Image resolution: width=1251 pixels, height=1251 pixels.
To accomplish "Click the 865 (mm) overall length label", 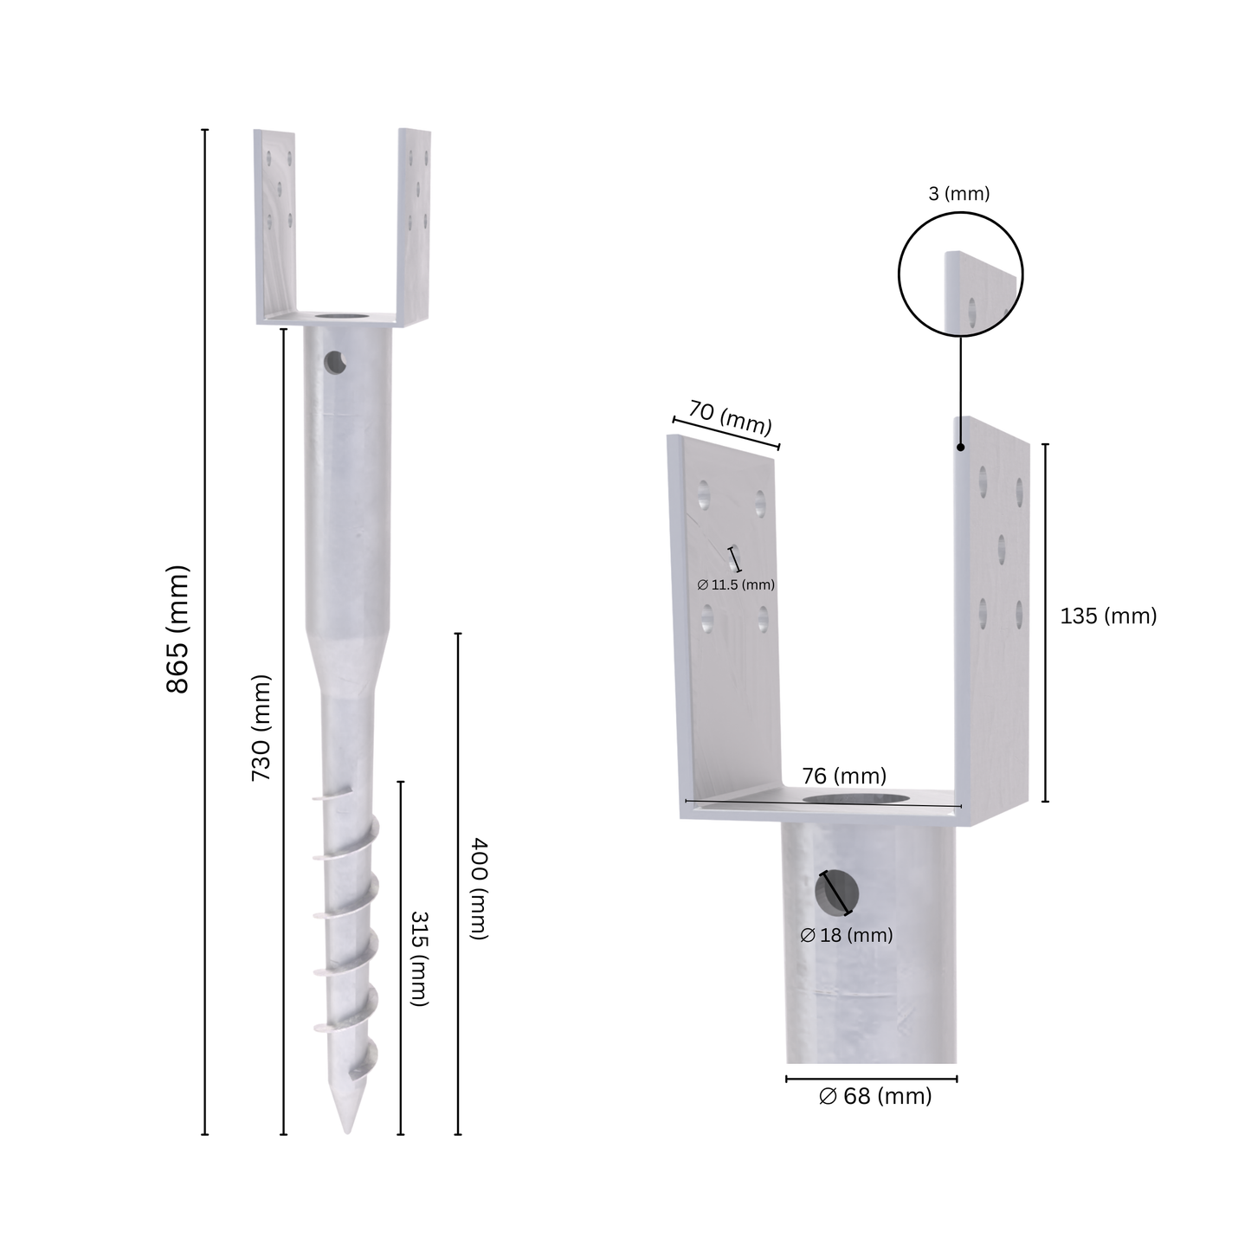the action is point(177,629).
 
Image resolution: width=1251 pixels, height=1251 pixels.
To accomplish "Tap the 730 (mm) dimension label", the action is point(261,727).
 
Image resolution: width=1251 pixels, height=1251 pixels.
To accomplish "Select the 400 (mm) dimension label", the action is point(479,888).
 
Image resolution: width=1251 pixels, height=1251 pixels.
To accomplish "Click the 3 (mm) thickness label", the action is point(959,193).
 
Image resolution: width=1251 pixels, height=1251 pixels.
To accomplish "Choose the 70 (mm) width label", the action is point(731,418).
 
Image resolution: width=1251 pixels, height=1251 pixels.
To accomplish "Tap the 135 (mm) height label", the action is point(1108,616).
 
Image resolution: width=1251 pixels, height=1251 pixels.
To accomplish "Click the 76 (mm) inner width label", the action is point(844,776).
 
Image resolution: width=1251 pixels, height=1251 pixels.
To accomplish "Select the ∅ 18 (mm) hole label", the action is point(847,935).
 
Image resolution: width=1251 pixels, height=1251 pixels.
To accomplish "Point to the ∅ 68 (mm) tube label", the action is point(875,1096).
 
